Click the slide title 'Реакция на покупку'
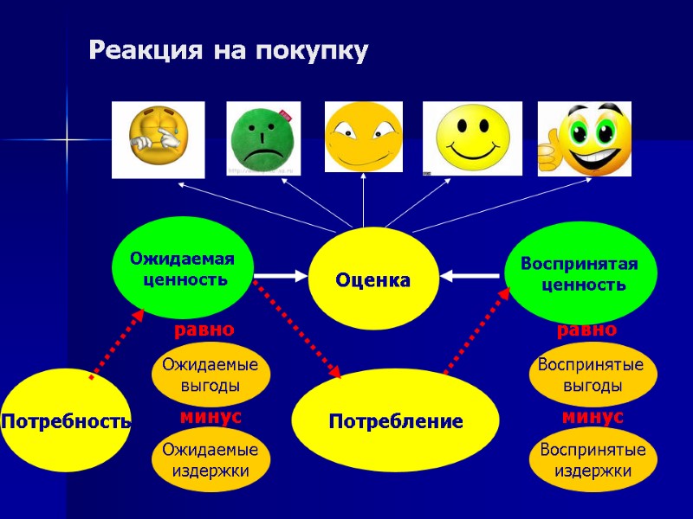tap(229, 51)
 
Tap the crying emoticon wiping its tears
tap(158, 138)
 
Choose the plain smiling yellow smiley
tap(472, 138)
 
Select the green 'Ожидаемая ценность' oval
tap(181, 267)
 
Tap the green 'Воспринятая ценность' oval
tap(580, 272)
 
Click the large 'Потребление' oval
tap(395, 421)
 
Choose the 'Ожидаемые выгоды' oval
tap(210, 375)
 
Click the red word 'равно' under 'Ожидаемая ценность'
tap(204, 330)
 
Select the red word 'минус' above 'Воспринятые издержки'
tap(593, 417)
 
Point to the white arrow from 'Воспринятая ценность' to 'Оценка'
tap(472, 276)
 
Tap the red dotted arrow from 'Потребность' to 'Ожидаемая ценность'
tap(117, 345)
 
